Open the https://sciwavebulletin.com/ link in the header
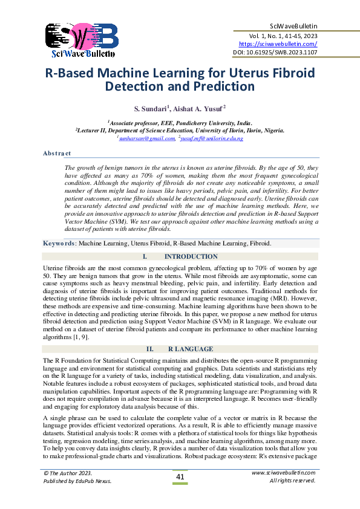pos(278,44)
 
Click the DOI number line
pos(275,53)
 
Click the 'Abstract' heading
pos(57,153)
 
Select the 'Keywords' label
pos(59,243)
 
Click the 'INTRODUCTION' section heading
pos(191,257)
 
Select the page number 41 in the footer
pos(180,478)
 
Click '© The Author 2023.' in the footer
pos(67,473)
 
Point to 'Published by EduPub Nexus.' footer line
pos(77,481)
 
